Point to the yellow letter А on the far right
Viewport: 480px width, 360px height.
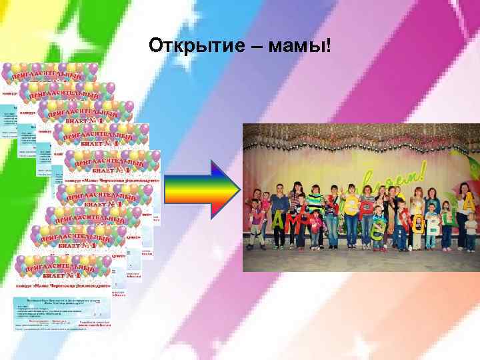[469, 201]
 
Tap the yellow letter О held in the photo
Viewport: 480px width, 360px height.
[419, 225]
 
